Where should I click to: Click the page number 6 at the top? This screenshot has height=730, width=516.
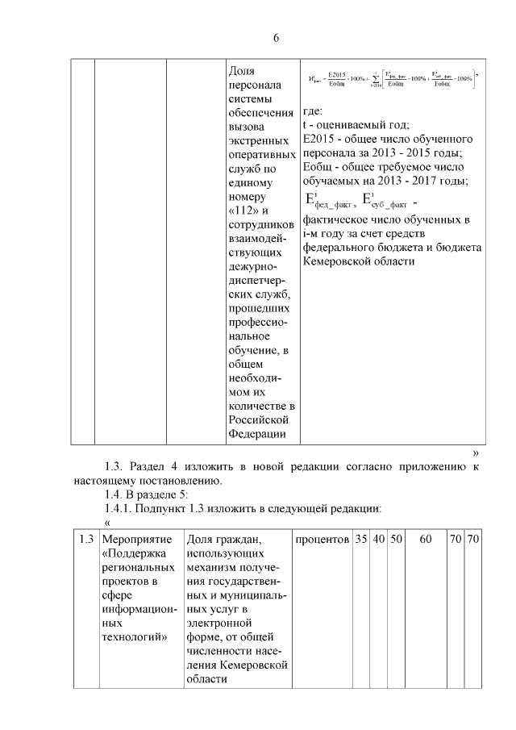[x=276, y=38]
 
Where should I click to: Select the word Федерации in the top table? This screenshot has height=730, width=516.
[x=256, y=434]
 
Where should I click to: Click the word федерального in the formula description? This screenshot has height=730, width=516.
[x=340, y=247]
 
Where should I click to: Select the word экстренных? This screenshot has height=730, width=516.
[x=256, y=141]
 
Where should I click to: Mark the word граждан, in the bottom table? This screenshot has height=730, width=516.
[x=243, y=538]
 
